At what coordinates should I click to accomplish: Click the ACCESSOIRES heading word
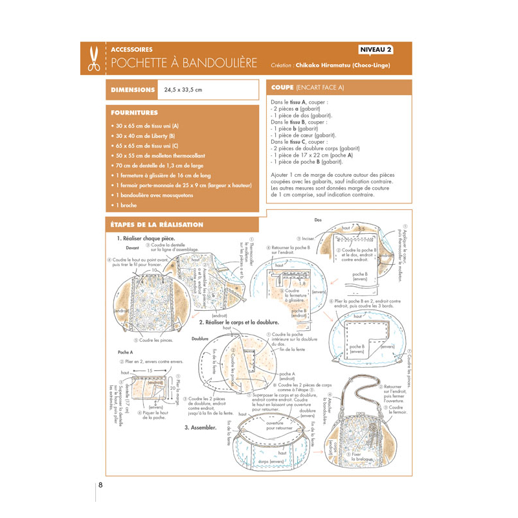tap(132, 50)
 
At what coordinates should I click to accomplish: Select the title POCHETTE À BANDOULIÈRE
tap(184, 64)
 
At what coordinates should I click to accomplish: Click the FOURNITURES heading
tap(135, 113)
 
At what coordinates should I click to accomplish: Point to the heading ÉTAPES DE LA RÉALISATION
tap(157, 225)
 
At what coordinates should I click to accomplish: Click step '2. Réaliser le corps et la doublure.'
tap(240, 322)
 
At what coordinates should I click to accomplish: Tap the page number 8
tap(100, 484)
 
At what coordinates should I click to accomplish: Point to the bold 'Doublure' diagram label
tap(200, 339)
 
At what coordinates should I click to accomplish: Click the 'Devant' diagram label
tap(132, 248)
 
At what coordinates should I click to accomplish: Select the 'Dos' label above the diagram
tap(317, 220)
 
